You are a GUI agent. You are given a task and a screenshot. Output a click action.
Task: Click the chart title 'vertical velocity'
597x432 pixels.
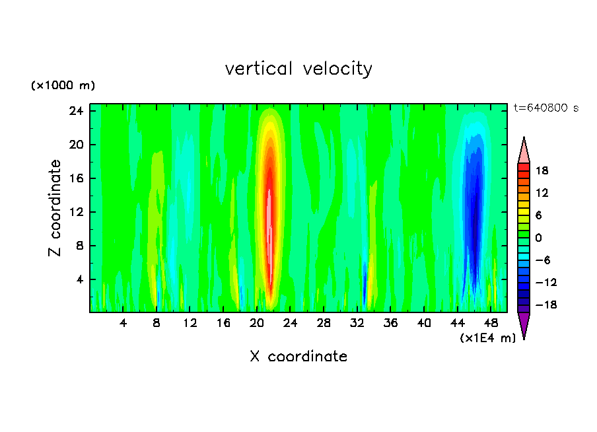coord(298,69)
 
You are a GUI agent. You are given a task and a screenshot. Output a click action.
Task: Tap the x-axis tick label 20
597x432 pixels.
coord(257,323)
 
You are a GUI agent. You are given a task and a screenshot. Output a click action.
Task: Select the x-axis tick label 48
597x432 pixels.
coord(491,323)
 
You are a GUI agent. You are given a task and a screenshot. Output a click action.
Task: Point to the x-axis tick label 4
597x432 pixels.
coord(123,323)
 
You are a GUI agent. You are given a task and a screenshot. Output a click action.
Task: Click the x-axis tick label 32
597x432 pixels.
coord(357,323)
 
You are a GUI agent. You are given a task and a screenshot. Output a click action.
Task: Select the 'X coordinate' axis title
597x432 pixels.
coord(298,357)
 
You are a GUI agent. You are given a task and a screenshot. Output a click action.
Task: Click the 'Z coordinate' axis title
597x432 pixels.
coord(55,208)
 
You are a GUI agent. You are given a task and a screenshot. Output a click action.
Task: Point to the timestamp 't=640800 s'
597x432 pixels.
coord(545,108)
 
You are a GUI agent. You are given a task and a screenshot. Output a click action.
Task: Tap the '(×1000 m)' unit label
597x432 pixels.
coord(63,86)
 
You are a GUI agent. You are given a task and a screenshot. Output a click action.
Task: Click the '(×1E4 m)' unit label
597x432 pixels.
coord(488,338)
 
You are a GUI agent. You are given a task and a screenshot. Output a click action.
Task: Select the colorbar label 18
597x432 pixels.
coord(542,170)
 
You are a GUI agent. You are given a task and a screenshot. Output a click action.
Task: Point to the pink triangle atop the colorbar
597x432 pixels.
coord(524,151)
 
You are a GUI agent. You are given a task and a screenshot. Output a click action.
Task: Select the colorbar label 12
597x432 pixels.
coord(542,192)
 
